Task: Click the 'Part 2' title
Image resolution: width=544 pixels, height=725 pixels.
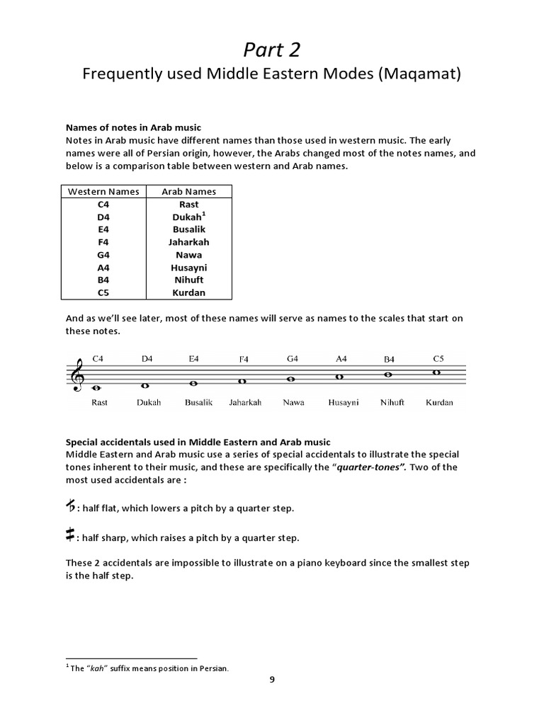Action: coord(271,49)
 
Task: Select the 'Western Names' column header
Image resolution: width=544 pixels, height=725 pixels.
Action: coord(103,191)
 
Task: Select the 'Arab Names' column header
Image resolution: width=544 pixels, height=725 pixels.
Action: coord(189,191)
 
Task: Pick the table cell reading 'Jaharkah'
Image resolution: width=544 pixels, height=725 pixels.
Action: coord(189,242)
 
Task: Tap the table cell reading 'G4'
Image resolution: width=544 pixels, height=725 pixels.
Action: coord(103,255)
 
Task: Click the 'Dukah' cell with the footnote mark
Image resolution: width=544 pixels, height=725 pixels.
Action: coord(189,217)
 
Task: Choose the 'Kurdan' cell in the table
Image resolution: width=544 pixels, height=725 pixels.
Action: coord(189,293)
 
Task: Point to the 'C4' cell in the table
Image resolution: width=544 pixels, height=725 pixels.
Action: coord(103,204)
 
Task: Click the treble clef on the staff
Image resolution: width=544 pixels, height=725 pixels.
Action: coord(76,376)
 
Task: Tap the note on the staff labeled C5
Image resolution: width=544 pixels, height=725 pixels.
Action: coord(437,372)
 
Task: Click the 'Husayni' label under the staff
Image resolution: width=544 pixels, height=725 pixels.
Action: coord(344,403)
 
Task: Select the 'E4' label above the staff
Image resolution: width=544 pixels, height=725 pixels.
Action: coord(193,359)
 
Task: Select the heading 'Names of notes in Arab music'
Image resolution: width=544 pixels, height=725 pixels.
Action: coord(133,127)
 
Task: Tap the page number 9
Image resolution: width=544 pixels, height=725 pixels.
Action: coord(271,680)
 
